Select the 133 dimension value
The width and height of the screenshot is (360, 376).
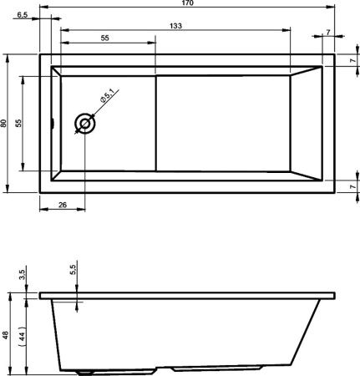click(175, 27)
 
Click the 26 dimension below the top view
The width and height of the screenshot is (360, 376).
click(63, 206)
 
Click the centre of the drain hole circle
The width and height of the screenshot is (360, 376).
click(84, 124)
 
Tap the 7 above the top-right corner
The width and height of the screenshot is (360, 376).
click(327, 33)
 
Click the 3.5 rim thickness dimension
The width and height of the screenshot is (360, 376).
click(23, 273)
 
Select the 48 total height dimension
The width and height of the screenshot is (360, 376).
click(5, 334)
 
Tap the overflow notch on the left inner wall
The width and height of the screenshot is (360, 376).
click(53, 124)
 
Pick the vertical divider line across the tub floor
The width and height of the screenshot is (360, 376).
click(157, 124)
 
